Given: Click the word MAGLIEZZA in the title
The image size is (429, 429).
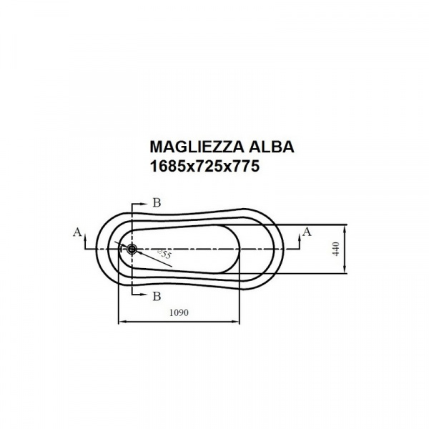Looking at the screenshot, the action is click(197, 147).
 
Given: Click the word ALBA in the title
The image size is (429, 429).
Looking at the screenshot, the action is click(271, 147).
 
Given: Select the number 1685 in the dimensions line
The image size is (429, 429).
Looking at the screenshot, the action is click(168, 166).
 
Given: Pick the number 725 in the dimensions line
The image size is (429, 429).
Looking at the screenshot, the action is click(208, 166).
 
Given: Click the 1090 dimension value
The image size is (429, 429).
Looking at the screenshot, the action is click(179, 312).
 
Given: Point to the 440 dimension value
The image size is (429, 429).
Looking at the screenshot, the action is click(336, 249).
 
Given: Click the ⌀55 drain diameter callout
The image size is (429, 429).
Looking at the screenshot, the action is click(164, 254).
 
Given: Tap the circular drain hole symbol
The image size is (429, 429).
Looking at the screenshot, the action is click(132, 249).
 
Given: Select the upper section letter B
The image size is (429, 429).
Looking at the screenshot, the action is click(157, 203).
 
